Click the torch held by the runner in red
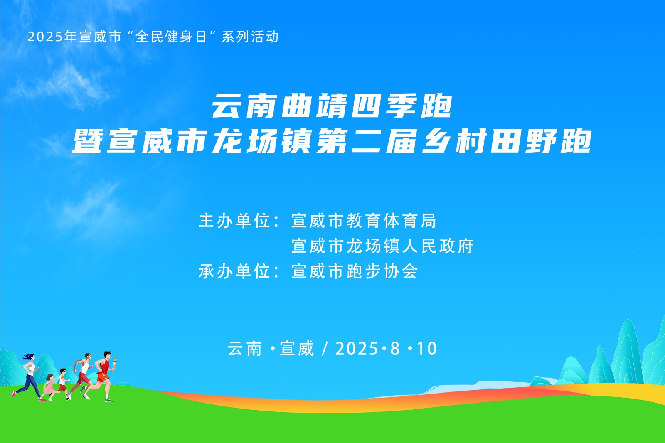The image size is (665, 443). (x=114, y=365)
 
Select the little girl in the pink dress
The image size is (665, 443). (x=48, y=387)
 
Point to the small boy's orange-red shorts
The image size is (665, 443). (x=62, y=388)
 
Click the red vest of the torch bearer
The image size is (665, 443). (x=104, y=366)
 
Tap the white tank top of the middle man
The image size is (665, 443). (x=86, y=367)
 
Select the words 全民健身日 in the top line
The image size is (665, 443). (x=171, y=37)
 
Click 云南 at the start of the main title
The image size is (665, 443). (x=245, y=106)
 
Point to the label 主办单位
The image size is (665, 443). (x=234, y=221)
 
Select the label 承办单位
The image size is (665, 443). (x=234, y=271)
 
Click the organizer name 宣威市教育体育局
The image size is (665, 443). (x=364, y=221)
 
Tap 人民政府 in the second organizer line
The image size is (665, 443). (x=438, y=246)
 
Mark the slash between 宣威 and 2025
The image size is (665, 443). (x=325, y=349)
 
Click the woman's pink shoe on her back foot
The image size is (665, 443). (x=14, y=394)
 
